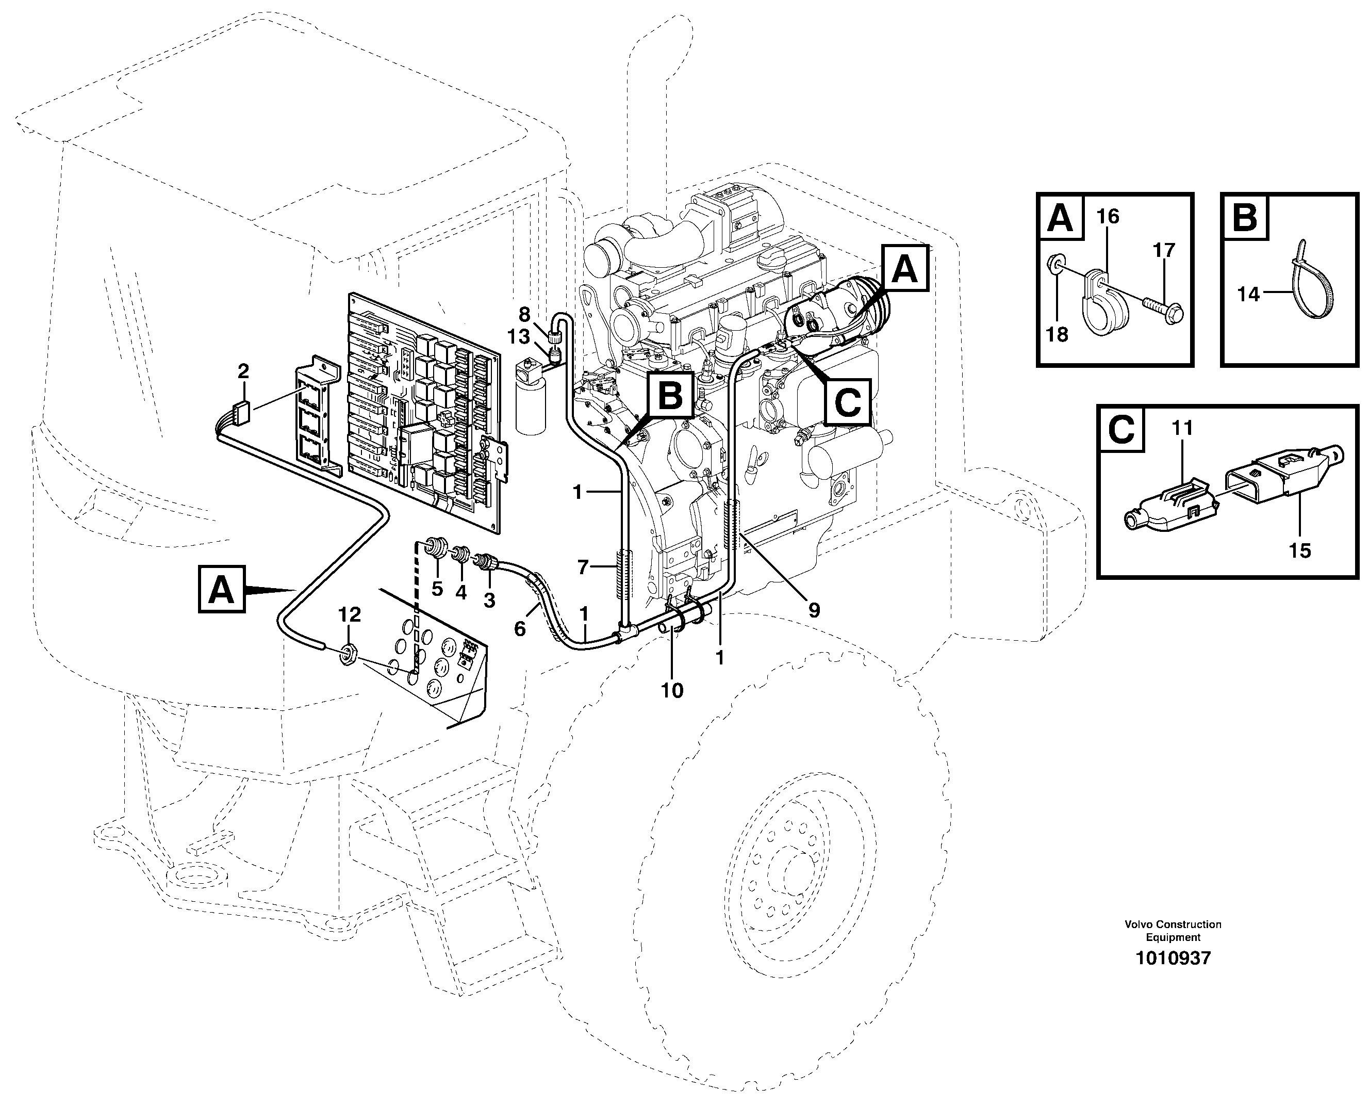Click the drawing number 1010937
tap(1173, 959)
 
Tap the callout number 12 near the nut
tap(350, 614)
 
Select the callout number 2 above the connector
tap(243, 371)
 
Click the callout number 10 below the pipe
tap(672, 690)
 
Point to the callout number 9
tap(814, 610)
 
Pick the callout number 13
tap(519, 336)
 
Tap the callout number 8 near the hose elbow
tap(524, 314)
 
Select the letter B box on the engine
tap(669, 395)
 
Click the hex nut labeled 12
tap(348, 653)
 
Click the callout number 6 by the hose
tap(520, 629)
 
